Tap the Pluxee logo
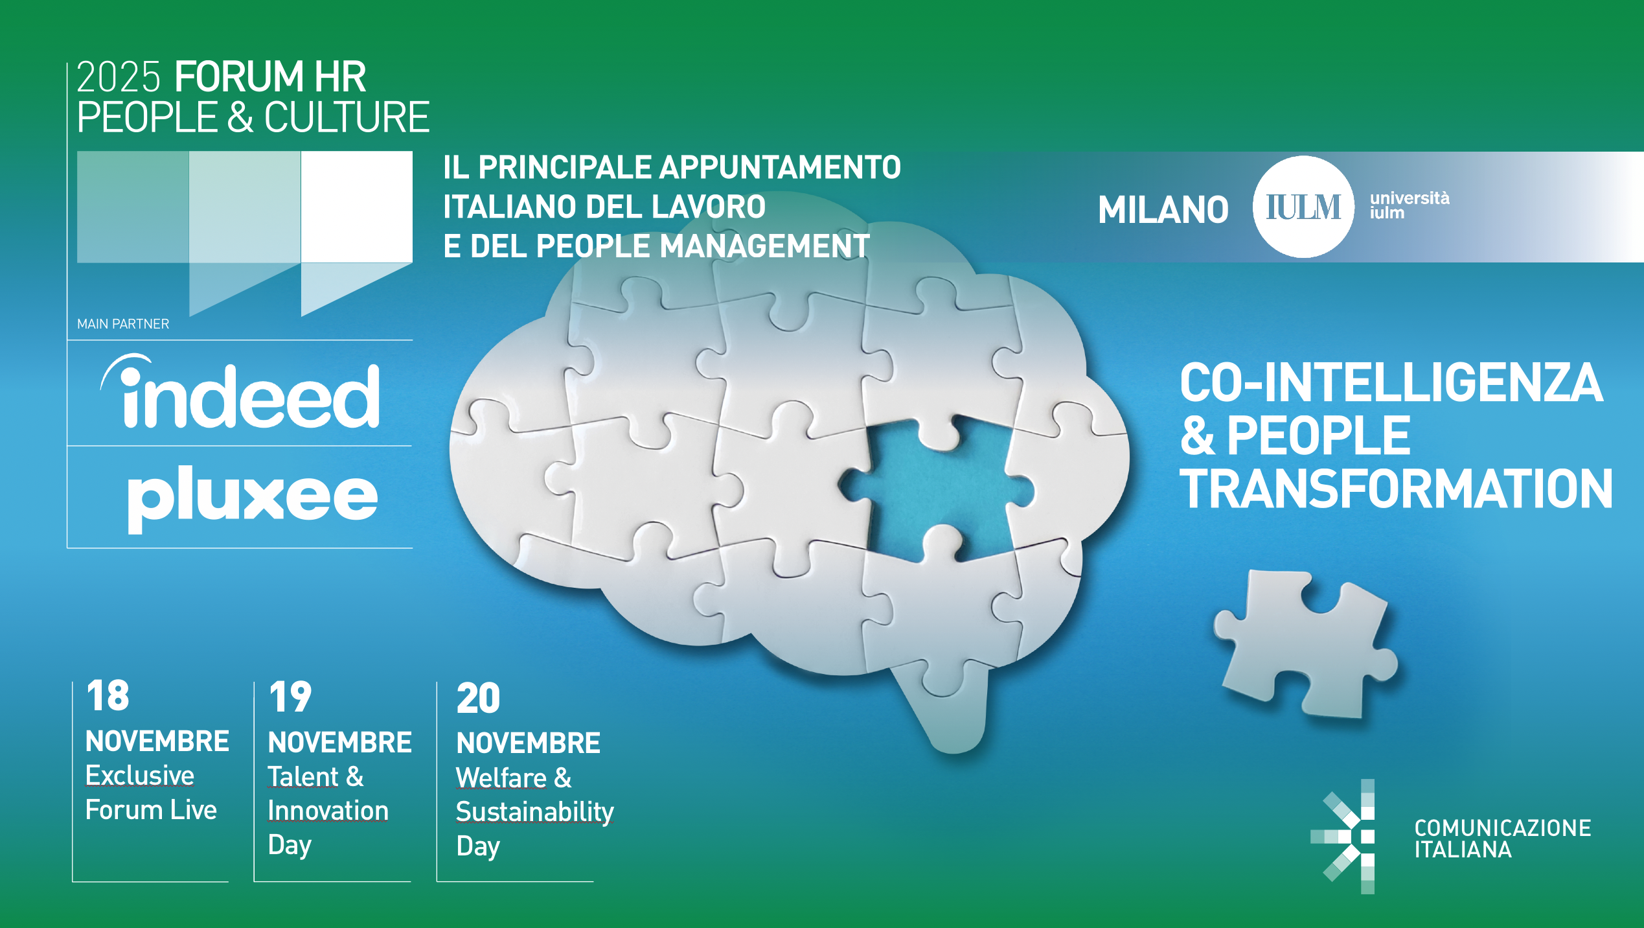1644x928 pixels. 253,499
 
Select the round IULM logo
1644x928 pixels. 1303,207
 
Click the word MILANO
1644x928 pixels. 1163,210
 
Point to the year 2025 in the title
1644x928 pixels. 119,77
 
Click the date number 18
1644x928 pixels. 108,696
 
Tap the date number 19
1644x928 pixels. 290,697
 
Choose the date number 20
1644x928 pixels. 479,699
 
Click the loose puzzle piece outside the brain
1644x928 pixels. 1306,644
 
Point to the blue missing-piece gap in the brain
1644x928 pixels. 939,489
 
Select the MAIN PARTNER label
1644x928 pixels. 123,324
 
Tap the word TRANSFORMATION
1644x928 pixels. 1396,489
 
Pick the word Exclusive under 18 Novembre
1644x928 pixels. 140,775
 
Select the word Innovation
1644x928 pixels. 328,811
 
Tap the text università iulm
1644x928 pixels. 1410,205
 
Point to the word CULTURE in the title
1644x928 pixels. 347,117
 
